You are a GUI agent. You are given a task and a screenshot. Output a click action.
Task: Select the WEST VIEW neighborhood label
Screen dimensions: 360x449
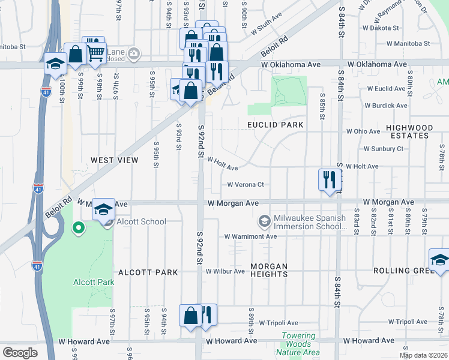114,160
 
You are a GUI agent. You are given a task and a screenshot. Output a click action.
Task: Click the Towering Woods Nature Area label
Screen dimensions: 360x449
298,344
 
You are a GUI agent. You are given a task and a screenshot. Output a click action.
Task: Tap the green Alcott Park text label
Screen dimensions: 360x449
93,283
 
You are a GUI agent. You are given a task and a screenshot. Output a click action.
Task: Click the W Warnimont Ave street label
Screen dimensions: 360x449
250,236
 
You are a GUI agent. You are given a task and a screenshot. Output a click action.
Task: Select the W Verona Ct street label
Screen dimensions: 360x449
246,185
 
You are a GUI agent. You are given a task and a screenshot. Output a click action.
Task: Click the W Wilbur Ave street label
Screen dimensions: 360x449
225,271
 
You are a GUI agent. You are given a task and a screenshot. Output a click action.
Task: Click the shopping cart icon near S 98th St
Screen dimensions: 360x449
95,53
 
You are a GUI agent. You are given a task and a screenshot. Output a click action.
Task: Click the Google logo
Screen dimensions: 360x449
20,352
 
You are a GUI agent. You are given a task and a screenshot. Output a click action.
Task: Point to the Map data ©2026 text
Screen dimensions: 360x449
423,355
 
